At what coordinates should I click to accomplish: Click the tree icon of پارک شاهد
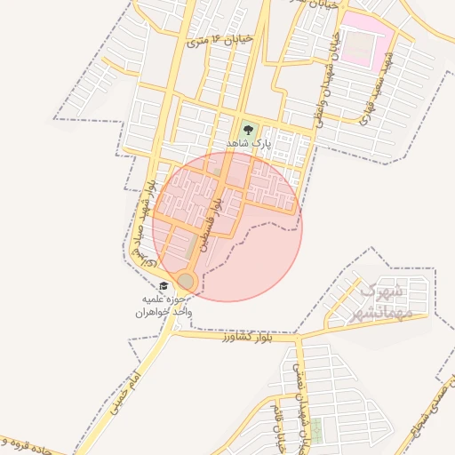[248, 129]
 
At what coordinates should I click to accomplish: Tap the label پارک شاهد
[246, 143]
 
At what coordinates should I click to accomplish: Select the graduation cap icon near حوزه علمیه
[164, 286]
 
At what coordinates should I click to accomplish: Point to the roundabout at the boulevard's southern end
[186, 282]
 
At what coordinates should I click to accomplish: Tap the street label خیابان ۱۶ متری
[221, 40]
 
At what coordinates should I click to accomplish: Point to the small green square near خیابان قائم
[317, 430]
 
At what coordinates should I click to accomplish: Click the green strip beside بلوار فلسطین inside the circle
[193, 243]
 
